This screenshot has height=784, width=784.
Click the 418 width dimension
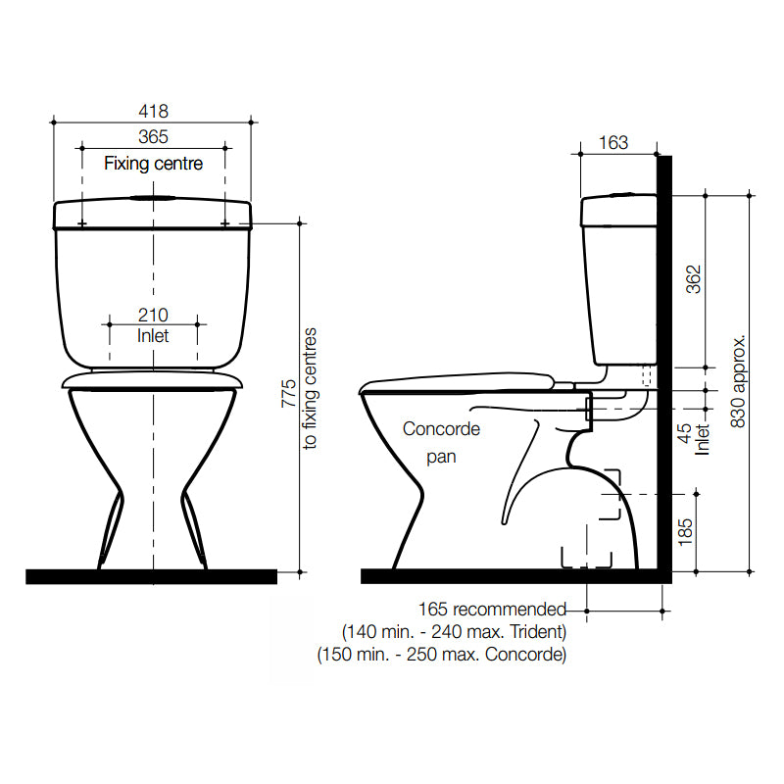tap(153, 112)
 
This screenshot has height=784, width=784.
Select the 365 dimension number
tap(153, 137)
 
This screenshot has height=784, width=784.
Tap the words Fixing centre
tap(154, 164)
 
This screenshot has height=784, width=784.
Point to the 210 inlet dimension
tap(153, 315)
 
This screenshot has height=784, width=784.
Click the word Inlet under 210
tap(153, 336)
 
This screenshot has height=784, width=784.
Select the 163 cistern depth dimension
tap(612, 143)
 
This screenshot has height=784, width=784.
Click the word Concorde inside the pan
tap(441, 429)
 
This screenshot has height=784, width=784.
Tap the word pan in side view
tap(441, 456)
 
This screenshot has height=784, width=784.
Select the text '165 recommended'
tap(492, 610)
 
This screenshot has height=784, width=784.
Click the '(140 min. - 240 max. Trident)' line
tap(454, 632)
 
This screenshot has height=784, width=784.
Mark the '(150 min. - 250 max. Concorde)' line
tap(442, 655)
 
